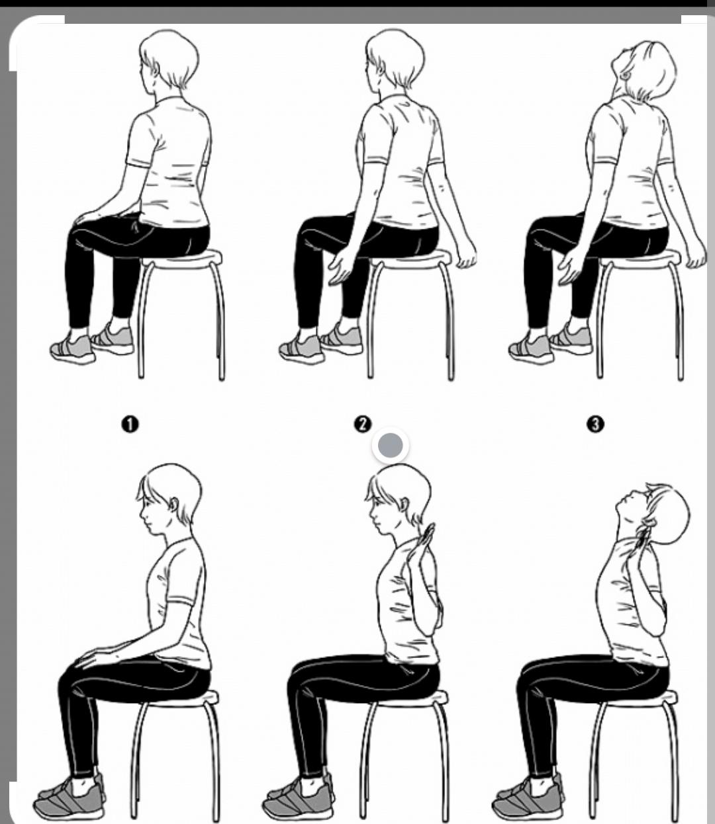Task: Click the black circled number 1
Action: [130, 425]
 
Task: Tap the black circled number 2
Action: [362, 424]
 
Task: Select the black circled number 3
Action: [595, 424]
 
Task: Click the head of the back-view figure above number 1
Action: [169, 60]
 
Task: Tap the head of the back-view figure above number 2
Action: [395, 60]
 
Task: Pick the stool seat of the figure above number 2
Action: [411, 259]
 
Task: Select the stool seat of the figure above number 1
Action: [181, 259]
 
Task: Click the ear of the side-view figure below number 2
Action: [403, 505]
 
